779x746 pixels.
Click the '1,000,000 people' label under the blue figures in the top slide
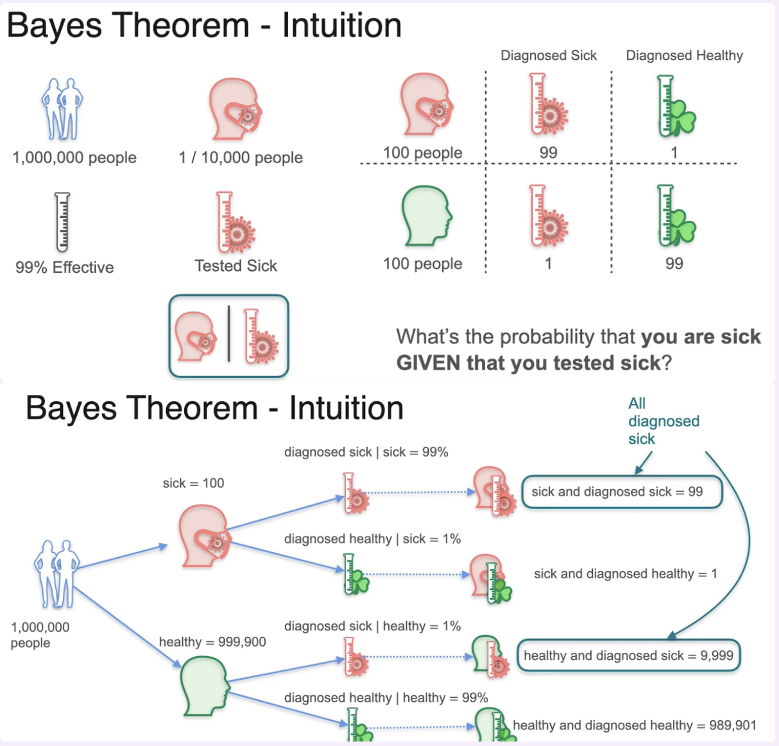pyautogui.click(x=74, y=157)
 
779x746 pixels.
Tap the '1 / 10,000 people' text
pyautogui.click(x=241, y=157)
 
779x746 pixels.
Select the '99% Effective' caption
pyautogui.click(x=65, y=267)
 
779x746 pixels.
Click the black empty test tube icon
pyautogui.click(x=62, y=221)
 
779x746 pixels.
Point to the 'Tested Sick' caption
pyautogui.click(x=236, y=266)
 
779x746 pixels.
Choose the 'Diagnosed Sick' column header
pyautogui.click(x=549, y=56)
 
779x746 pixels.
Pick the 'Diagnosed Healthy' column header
pyautogui.click(x=684, y=56)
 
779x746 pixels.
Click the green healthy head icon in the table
pyautogui.click(x=427, y=216)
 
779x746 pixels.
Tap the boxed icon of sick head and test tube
pyautogui.click(x=229, y=336)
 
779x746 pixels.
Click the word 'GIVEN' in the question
pyautogui.click(x=428, y=363)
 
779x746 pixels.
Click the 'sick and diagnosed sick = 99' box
pyautogui.click(x=621, y=492)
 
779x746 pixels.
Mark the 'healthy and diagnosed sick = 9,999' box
pyautogui.click(x=628, y=655)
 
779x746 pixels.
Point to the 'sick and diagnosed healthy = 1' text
pyautogui.click(x=625, y=574)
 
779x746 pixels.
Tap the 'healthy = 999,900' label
pyautogui.click(x=212, y=642)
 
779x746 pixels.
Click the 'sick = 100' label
pyautogui.click(x=193, y=483)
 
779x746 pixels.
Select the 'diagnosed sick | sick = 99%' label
pyautogui.click(x=366, y=452)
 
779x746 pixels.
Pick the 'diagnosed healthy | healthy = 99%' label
pyautogui.click(x=386, y=698)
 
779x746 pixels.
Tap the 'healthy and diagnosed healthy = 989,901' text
pyautogui.click(x=634, y=725)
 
